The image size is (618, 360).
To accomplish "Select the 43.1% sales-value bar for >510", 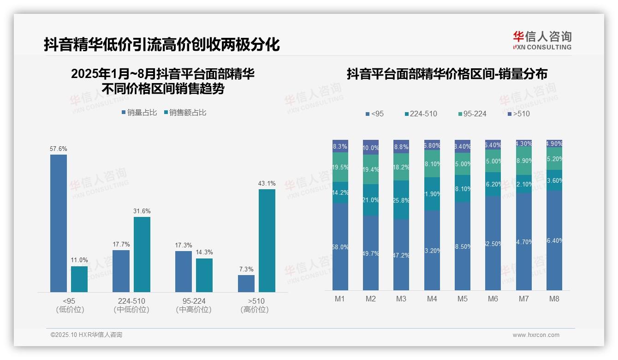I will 267,240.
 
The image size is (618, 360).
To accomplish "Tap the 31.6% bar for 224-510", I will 142,254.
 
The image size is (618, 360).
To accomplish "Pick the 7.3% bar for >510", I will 246,283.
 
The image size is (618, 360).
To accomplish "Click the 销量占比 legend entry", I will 139,112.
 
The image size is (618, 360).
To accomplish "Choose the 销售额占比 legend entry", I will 185,112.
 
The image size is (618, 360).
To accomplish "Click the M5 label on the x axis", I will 463,299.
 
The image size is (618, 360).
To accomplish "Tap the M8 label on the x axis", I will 554,299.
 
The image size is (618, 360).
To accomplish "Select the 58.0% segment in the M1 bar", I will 340,247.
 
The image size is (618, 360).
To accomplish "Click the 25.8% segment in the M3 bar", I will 401,200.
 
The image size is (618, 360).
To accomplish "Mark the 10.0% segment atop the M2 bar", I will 371,148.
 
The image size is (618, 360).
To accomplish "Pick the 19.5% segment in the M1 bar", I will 340,167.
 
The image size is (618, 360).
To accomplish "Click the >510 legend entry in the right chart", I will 519,114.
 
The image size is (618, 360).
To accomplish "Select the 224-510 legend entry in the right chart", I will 421,114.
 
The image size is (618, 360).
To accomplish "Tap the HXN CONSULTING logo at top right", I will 542,41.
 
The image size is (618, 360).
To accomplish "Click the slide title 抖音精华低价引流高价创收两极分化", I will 162,45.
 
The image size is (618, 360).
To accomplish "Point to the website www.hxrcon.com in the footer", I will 536,335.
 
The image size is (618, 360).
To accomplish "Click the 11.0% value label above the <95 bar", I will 79,260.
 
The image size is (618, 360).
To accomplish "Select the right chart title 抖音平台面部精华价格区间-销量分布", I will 447,74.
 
